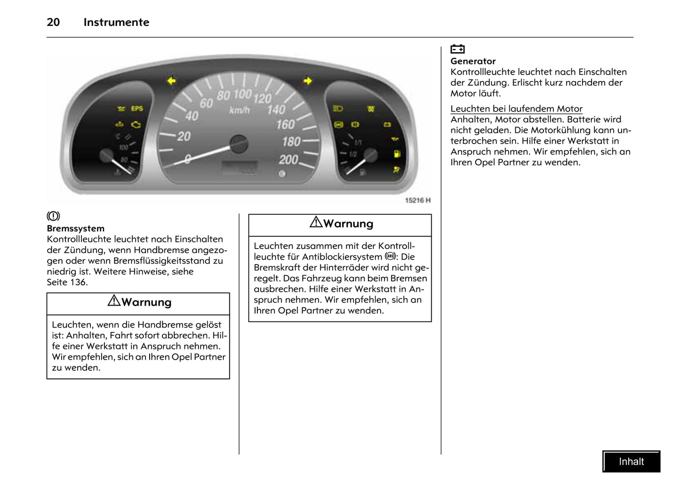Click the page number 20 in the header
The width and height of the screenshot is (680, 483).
[x=53, y=22]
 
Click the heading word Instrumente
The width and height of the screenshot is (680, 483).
[x=116, y=22]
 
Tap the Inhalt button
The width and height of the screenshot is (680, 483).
[x=631, y=461]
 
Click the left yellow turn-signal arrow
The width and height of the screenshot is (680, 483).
[x=171, y=81]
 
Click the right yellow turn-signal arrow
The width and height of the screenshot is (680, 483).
[x=308, y=81]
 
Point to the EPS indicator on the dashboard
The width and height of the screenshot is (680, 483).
[x=137, y=109]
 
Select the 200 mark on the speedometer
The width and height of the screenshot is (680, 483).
[x=288, y=160]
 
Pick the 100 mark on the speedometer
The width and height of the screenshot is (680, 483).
[x=242, y=94]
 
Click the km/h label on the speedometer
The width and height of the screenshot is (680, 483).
[x=239, y=111]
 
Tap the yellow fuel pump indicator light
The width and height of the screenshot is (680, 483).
[x=397, y=154]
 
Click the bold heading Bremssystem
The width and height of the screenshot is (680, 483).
[x=75, y=229]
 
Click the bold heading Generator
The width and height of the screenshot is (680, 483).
[x=473, y=61]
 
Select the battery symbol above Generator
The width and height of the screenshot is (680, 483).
[x=457, y=49]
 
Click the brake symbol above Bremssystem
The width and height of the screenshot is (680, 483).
[x=53, y=217]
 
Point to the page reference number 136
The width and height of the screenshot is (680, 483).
[x=78, y=282]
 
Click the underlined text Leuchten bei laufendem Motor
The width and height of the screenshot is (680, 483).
[x=516, y=109]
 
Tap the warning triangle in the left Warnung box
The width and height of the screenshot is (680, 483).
[x=114, y=301]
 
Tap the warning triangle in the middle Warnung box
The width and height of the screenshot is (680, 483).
[x=316, y=222]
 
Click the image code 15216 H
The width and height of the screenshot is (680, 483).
[x=418, y=201]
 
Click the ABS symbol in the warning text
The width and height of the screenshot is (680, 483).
[x=390, y=257]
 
